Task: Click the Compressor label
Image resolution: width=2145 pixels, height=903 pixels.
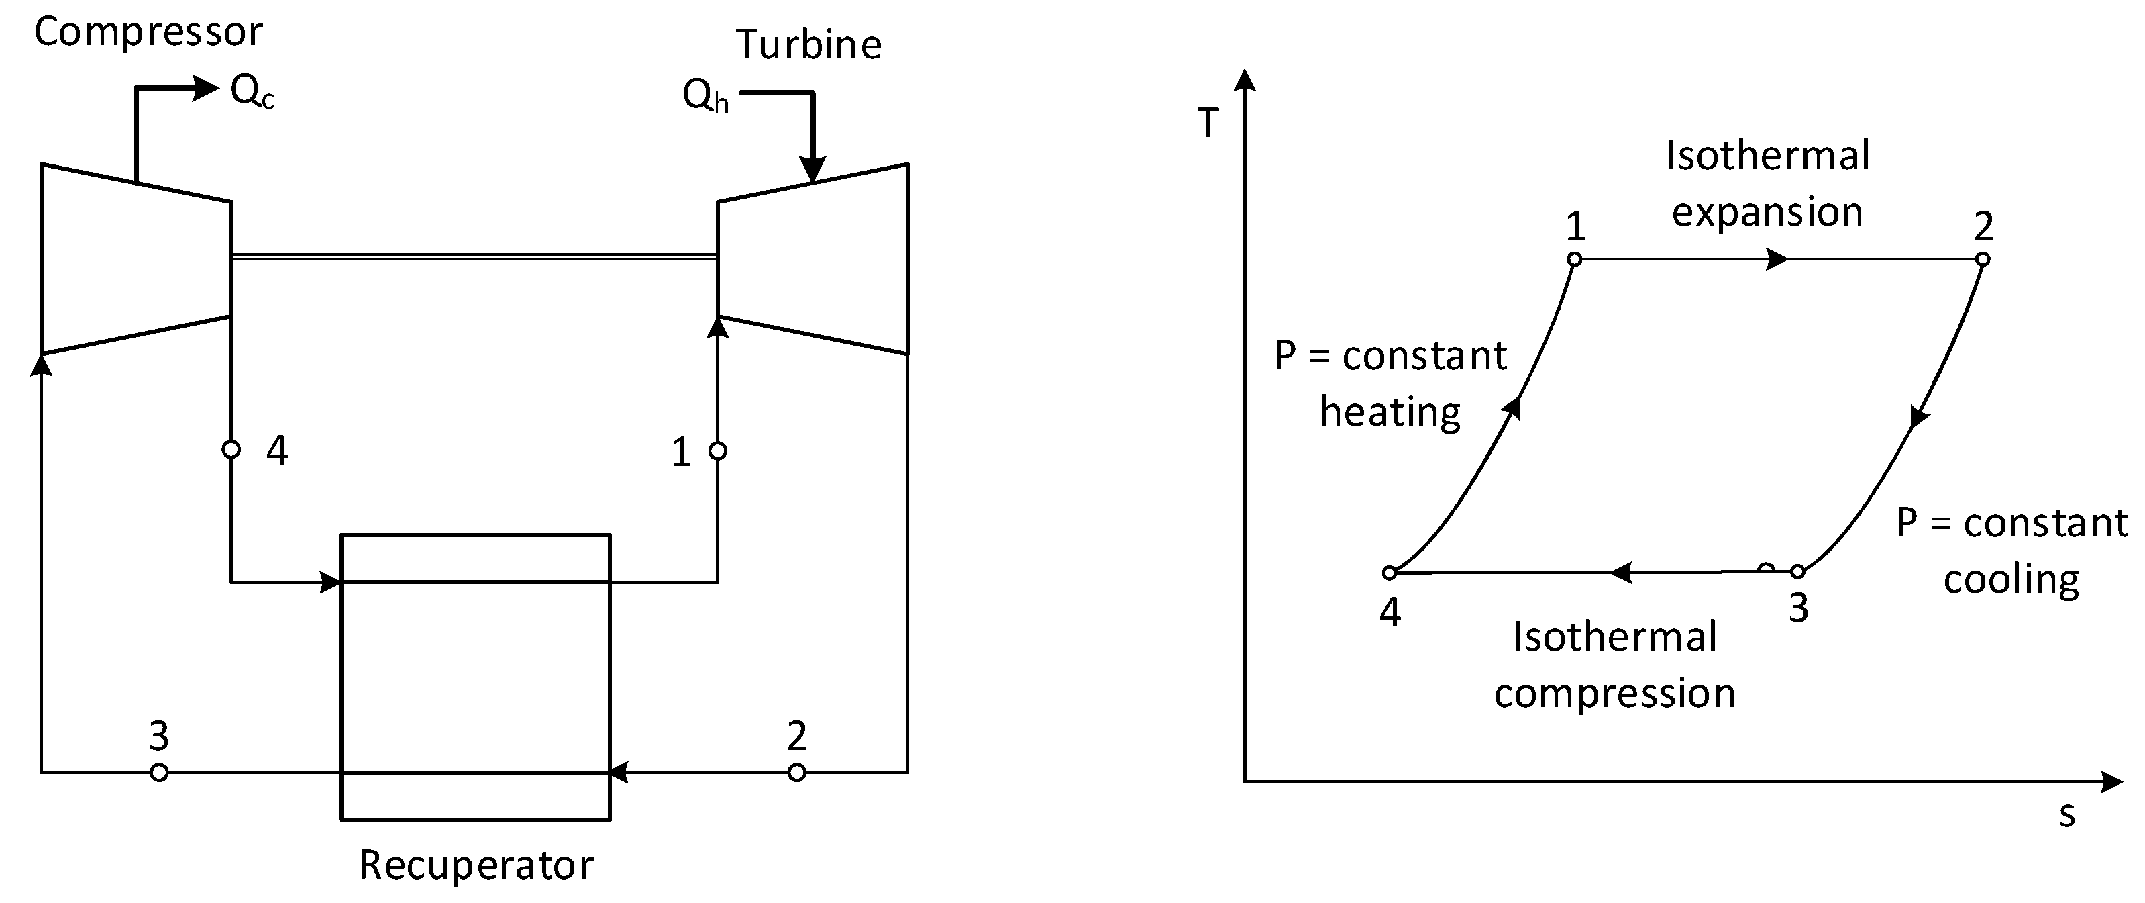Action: [x=148, y=32]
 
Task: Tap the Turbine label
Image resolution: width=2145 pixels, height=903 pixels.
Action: [x=808, y=45]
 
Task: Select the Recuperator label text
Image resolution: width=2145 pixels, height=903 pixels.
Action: [x=476, y=865]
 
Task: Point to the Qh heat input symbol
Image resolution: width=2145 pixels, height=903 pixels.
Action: [x=704, y=97]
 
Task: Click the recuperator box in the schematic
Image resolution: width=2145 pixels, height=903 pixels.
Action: [x=476, y=677]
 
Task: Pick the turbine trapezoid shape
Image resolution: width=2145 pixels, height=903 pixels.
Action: [x=813, y=259]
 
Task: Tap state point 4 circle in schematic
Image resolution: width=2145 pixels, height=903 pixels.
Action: [x=231, y=450]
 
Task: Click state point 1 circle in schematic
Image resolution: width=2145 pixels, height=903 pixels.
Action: [x=718, y=451]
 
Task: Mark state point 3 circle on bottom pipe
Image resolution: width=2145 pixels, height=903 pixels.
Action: [x=159, y=773]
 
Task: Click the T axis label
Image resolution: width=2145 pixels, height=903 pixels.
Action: [x=1208, y=124]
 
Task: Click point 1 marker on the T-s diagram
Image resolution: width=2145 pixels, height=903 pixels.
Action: [x=1575, y=260]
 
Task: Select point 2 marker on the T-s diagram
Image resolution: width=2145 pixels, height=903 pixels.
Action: [x=1983, y=260]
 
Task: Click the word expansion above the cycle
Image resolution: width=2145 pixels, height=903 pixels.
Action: [x=1767, y=212]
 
